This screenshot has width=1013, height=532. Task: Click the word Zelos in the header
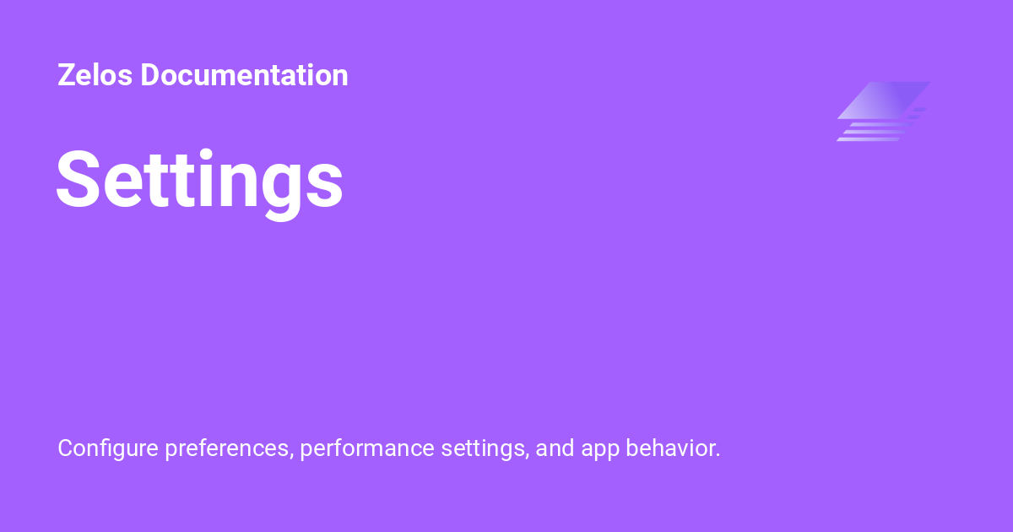coord(95,75)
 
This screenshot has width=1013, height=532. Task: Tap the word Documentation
coord(244,75)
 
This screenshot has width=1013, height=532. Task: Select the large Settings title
coord(199,180)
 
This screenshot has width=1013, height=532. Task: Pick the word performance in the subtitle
coord(367,448)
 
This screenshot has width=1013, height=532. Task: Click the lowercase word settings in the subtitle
coord(483,448)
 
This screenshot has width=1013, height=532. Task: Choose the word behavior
coord(669,448)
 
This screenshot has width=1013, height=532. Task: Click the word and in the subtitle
coord(555,448)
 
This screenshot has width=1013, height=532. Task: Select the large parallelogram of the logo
coord(884,100)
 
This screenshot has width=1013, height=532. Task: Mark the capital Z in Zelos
coord(65,75)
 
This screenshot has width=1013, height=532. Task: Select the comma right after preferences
coord(291,456)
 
